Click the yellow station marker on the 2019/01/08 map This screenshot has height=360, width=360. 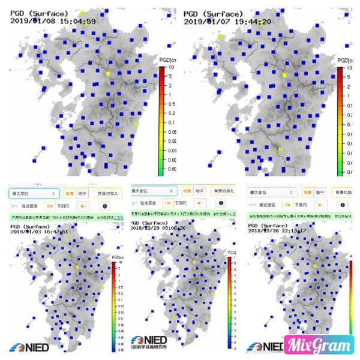(x=108, y=73)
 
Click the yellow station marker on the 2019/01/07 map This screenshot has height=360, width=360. (x=284, y=75)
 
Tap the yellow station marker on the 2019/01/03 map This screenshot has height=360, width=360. (x=77, y=266)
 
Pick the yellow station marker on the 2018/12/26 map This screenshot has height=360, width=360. (x=315, y=265)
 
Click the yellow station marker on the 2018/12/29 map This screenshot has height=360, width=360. (x=194, y=262)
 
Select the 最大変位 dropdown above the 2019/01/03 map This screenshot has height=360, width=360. (x=34, y=193)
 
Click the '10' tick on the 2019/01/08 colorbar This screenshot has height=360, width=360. (x=171, y=68)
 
